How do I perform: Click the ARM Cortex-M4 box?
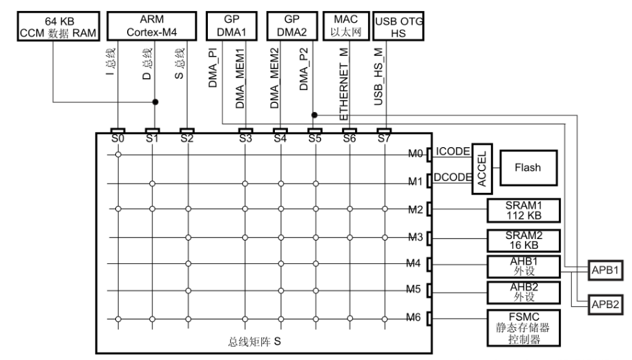click(x=151, y=26)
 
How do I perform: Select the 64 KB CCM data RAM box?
click(x=59, y=26)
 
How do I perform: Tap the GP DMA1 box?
click(x=231, y=26)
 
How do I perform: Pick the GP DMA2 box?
click(x=291, y=26)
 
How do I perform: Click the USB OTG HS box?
click(x=399, y=26)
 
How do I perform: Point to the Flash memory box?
click(x=528, y=168)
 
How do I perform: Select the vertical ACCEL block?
click(x=482, y=169)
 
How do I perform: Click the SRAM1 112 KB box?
click(x=524, y=211)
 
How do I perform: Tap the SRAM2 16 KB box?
click(x=524, y=240)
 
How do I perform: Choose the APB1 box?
click(x=605, y=270)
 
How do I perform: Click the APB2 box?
click(x=605, y=304)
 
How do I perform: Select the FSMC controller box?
click(x=524, y=328)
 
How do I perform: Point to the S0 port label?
click(x=117, y=139)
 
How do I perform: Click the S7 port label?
click(x=384, y=139)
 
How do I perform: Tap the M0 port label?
click(x=416, y=153)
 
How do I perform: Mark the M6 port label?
click(x=413, y=318)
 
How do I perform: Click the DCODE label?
click(x=452, y=178)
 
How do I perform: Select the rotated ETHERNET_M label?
click(x=344, y=84)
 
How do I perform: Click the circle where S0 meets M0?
click(x=118, y=154)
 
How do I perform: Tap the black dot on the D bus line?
click(x=155, y=102)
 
